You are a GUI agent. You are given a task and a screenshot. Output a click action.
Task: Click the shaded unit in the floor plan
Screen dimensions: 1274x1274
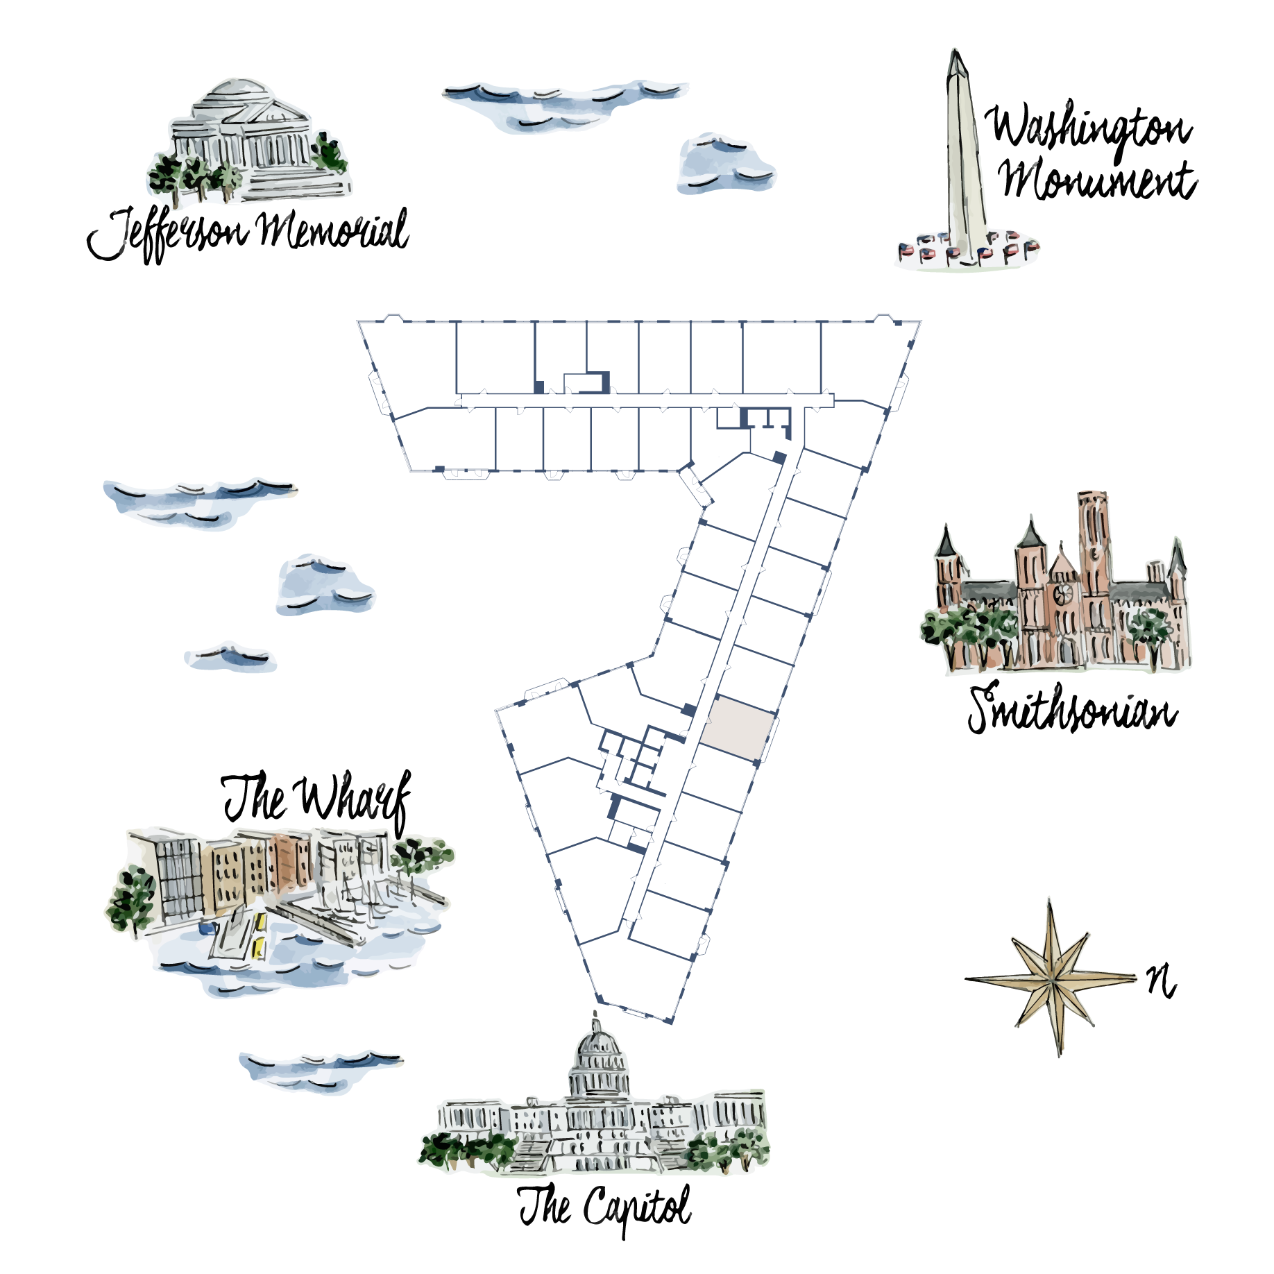[737, 729]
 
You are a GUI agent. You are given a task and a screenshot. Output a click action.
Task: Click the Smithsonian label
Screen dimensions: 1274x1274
[1073, 708]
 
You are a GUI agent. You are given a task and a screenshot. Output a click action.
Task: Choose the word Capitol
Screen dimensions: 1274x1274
[637, 1209]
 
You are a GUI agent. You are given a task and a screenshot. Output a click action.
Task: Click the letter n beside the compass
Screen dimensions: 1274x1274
[1161, 981]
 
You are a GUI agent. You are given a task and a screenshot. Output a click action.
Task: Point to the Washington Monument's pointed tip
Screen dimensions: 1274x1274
[956, 50]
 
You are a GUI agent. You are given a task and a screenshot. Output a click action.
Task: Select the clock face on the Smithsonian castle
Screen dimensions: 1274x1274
[1062, 593]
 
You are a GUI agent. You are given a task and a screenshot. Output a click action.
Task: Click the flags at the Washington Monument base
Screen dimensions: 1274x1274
[967, 248]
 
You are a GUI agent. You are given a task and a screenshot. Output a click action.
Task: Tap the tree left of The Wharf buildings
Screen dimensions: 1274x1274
[131, 899]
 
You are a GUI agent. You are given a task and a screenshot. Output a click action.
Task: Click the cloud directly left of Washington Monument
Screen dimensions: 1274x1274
[724, 164]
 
